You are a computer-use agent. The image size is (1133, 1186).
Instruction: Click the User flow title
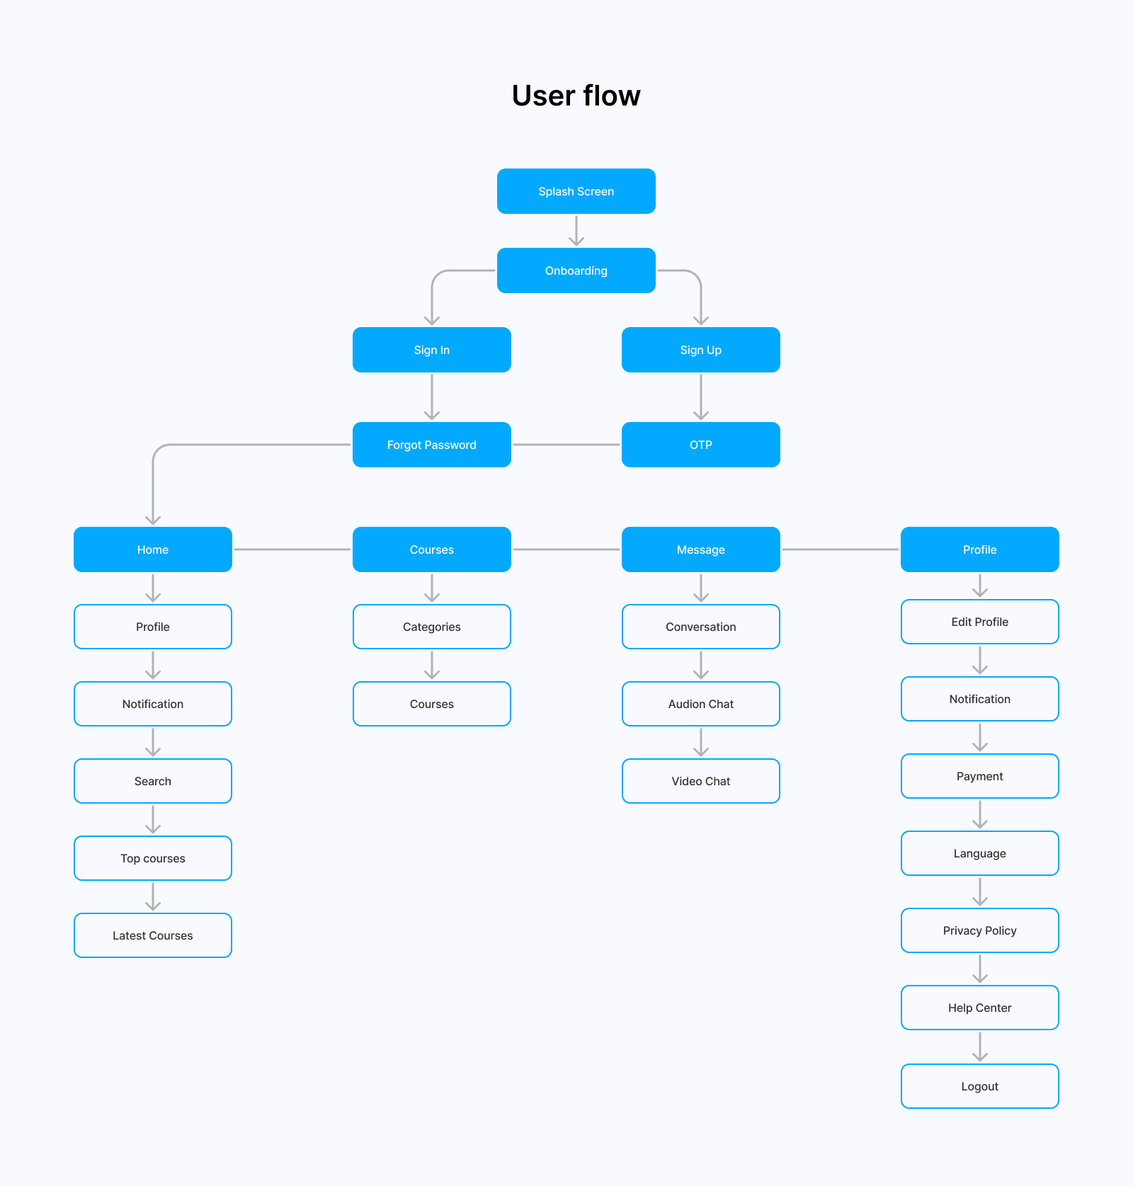point(576,96)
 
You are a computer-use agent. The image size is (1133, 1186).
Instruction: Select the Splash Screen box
point(576,191)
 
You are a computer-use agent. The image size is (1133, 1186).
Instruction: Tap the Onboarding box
point(576,270)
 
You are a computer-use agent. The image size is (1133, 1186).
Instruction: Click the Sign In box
point(431,350)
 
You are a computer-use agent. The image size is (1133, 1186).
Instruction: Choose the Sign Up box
point(700,350)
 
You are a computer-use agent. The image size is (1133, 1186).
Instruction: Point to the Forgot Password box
point(431,445)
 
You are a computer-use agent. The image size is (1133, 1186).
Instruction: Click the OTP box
point(700,445)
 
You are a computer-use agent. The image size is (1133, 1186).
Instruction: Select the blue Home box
point(152,549)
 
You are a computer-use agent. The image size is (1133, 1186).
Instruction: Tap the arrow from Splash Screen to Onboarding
point(576,231)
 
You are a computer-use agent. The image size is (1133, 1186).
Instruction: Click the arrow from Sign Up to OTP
point(701,397)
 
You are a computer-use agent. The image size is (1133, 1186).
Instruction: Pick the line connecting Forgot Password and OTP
point(566,445)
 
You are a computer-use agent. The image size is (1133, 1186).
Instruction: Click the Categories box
point(431,627)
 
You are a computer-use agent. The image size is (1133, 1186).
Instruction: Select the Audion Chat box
point(700,704)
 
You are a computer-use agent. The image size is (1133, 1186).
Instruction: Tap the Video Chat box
point(700,781)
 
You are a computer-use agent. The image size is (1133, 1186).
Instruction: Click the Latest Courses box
point(152,935)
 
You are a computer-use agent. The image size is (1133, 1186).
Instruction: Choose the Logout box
point(979,1086)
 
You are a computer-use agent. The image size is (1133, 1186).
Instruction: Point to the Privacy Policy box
point(979,930)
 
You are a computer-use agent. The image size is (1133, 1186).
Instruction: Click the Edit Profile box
point(979,622)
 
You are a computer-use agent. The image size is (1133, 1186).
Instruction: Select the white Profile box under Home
point(152,627)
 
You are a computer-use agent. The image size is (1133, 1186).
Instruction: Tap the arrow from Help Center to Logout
point(980,1047)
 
